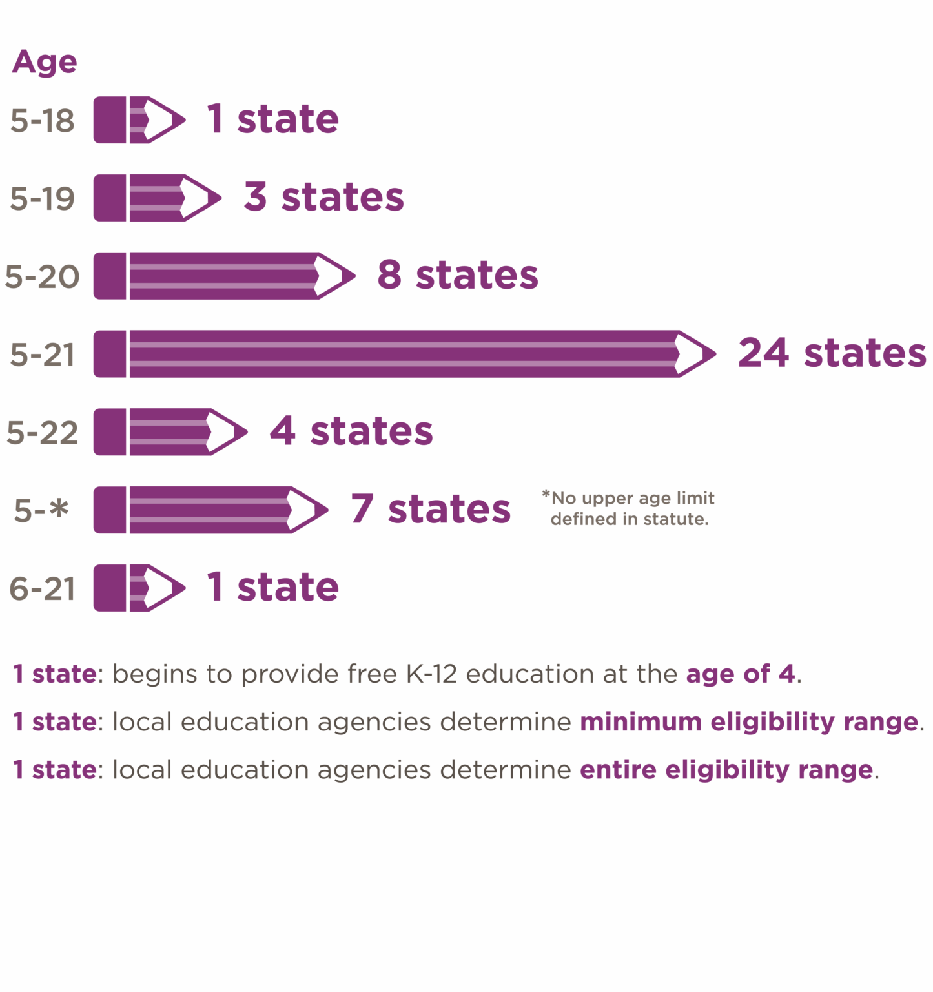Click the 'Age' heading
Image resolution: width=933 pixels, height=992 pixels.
pyautogui.click(x=45, y=62)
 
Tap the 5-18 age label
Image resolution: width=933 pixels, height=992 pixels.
pyautogui.click(x=43, y=121)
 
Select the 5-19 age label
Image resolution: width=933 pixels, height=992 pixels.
pyautogui.click(x=43, y=198)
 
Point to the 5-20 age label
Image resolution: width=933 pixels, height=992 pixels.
pyautogui.click(x=43, y=276)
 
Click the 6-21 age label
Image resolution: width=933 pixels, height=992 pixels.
pyautogui.click(x=43, y=588)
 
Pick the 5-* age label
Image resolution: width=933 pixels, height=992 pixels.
pyautogui.click(x=41, y=510)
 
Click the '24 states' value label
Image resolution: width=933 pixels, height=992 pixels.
pyautogui.click(x=832, y=353)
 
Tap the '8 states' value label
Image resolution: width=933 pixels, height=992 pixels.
pyautogui.click(x=457, y=275)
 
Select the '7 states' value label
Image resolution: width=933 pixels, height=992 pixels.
pyautogui.click(x=431, y=509)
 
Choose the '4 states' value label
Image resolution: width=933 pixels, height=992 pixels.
pyautogui.click(x=351, y=431)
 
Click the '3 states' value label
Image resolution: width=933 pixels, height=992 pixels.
pyautogui.click(x=323, y=197)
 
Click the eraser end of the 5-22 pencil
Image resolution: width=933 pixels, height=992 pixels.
pyautogui.click(x=110, y=432)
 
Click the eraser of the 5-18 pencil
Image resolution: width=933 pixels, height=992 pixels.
pyautogui.click(x=110, y=120)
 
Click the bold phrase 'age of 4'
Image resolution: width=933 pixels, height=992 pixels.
pyautogui.click(x=741, y=674)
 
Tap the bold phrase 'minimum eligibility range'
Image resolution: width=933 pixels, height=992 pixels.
pyautogui.click(x=749, y=721)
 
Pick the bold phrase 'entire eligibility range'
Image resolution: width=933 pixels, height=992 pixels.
pyautogui.click(x=726, y=769)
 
